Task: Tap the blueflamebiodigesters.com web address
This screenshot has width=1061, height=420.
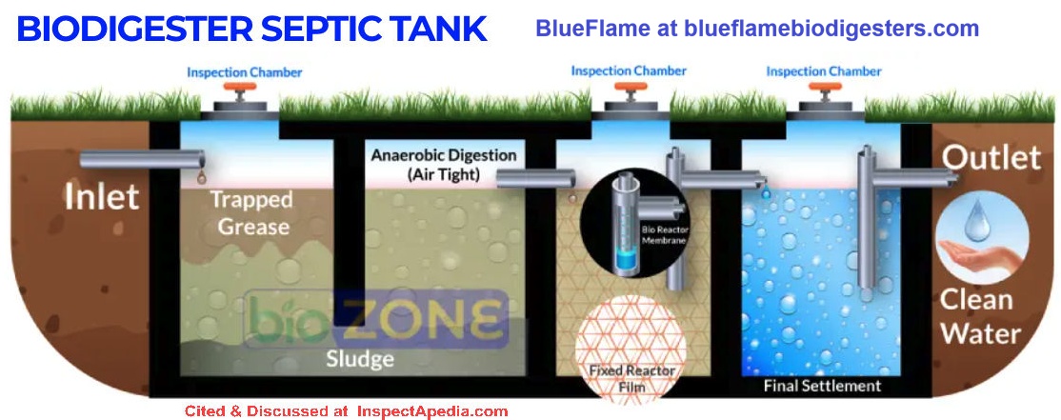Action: pyautogui.click(x=832, y=29)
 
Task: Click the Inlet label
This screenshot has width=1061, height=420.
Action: pyautogui.click(x=101, y=197)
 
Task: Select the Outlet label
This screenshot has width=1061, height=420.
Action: pyautogui.click(x=991, y=157)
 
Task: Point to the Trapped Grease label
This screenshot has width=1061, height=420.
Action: pyautogui.click(x=250, y=213)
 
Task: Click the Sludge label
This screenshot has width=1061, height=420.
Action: pyautogui.click(x=359, y=359)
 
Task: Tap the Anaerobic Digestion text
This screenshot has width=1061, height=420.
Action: pyautogui.click(x=444, y=155)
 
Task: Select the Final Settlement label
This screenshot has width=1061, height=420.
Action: pyautogui.click(x=822, y=386)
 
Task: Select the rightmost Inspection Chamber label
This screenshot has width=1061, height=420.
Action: pyautogui.click(x=824, y=71)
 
